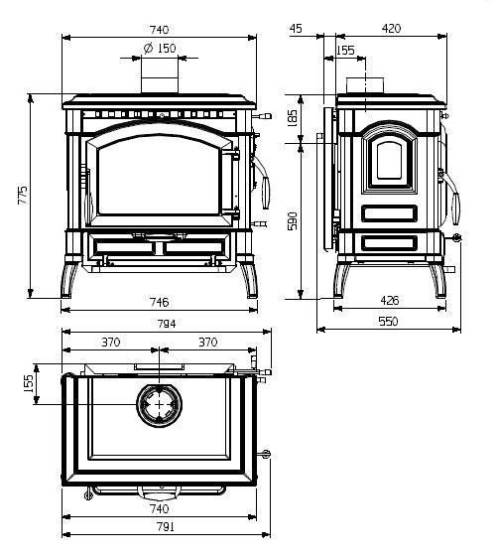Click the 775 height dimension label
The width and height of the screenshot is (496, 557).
(x=23, y=195)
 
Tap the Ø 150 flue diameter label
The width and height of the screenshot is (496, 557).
(x=160, y=48)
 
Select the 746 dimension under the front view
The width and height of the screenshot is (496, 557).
(x=160, y=302)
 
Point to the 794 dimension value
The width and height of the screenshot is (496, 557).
(x=167, y=324)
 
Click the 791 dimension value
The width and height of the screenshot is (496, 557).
(x=166, y=527)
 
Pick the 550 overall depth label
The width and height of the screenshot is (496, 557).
(x=389, y=322)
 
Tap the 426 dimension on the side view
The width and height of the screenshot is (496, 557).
(x=390, y=301)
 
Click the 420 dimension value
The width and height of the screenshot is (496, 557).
(x=391, y=29)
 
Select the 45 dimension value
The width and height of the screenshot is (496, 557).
(x=296, y=29)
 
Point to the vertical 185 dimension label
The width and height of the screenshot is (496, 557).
(x=292, y=118)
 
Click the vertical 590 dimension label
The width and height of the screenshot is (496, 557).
(x=293, y=221)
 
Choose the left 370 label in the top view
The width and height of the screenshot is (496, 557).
(x=111, y=343)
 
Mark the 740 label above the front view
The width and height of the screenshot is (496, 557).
(x=160, y=30)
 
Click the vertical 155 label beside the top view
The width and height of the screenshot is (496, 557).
(x=29, y=383)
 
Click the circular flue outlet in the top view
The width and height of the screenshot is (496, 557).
(x=160, y=405)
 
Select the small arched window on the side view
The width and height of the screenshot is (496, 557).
(x=389, y=161)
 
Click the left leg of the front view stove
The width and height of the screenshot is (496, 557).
(x=69, y=279)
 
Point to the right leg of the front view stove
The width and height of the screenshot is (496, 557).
(x=249, y=279)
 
